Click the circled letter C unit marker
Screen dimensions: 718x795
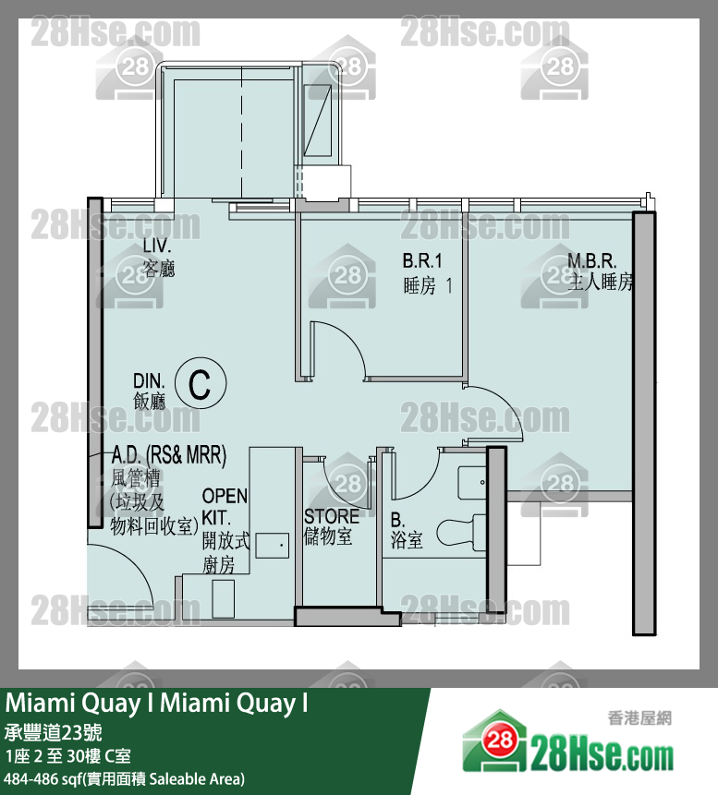201,383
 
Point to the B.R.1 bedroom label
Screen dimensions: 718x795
422,260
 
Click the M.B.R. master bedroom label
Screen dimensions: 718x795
591,261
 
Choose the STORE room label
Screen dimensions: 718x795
332,517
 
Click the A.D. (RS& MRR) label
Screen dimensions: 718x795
169,455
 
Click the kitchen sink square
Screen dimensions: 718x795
273,546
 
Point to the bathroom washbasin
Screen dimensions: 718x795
473,482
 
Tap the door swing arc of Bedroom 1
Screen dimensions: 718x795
339,347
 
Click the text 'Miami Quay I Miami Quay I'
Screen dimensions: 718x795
156,704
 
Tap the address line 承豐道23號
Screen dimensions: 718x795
54,732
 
